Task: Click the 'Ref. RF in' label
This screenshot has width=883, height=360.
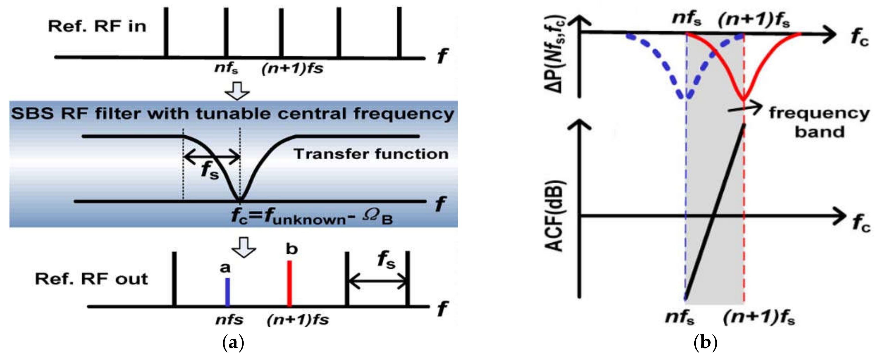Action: click(97, 26)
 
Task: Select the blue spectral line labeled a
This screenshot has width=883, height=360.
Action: click(227, 292)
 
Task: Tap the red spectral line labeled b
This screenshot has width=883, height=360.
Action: click(289, 283)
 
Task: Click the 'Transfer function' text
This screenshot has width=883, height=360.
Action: click(371, 154)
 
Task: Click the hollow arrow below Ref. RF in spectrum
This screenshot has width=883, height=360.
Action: click(237, 91)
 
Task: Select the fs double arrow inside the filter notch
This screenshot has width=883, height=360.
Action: click(212, 158)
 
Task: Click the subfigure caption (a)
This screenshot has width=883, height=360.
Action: click(233, 342)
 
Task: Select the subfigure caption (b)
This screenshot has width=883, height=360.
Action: click(705, 342)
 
